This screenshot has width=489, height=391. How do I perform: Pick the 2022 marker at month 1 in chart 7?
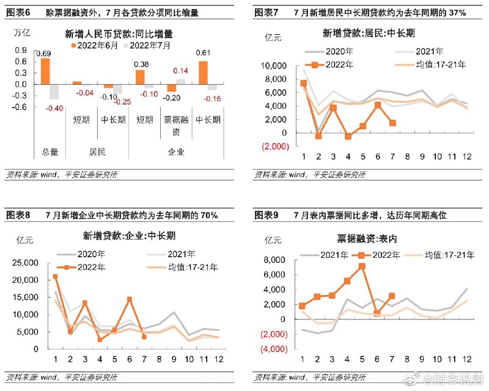click(303, 83)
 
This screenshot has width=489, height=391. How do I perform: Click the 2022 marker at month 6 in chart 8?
click(130, 299)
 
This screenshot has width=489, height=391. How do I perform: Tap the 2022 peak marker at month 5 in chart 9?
click(362, 266)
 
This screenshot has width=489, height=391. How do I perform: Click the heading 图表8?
click(18, 216)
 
